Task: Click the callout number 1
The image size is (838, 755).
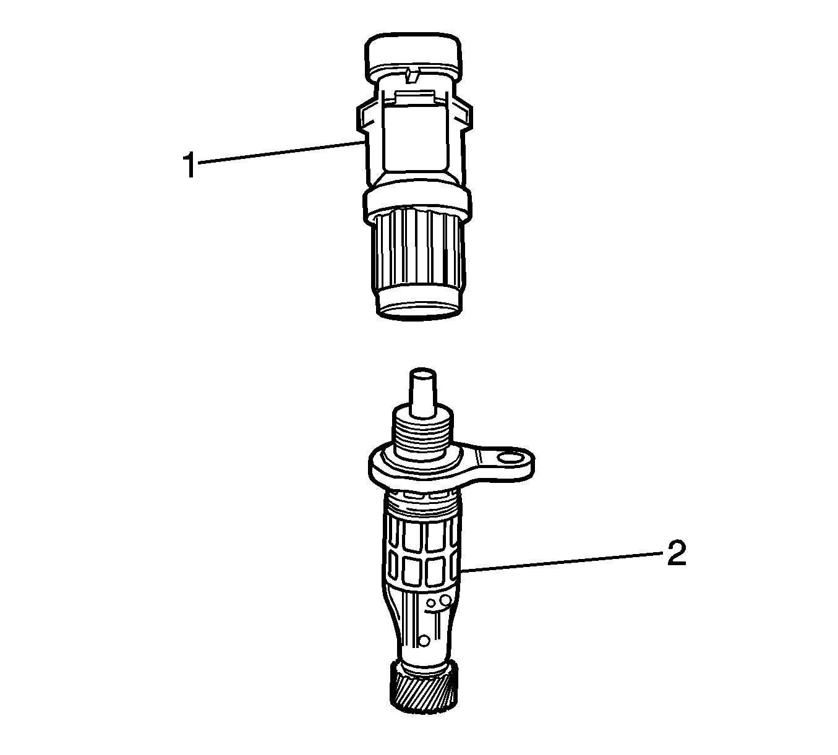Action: click(190, 166)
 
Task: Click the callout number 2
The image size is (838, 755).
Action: click(677, 553)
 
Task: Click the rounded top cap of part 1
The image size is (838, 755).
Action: click(414, 54)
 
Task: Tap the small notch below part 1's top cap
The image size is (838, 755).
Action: click(412, 75)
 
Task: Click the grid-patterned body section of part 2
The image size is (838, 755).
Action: click(422, 552)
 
